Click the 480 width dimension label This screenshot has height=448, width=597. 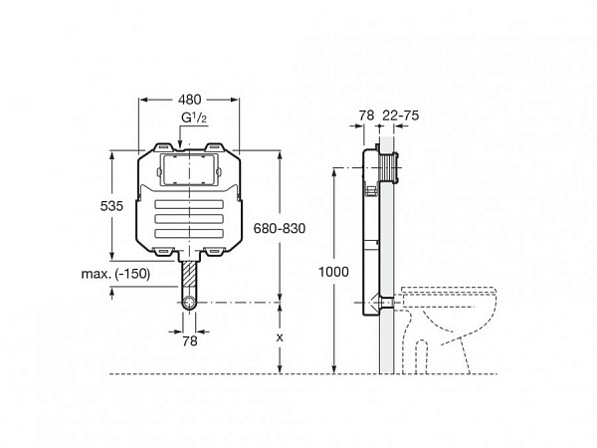(189, 100)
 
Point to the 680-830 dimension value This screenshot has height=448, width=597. (280, 228)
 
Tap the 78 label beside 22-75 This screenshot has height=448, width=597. (365, 116)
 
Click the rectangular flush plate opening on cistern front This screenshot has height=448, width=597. (190, 170)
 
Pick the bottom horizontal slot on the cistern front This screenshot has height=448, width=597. (189, 233)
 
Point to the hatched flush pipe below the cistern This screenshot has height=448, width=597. (189, 274)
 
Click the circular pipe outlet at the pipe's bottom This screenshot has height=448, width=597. (189, 302)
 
